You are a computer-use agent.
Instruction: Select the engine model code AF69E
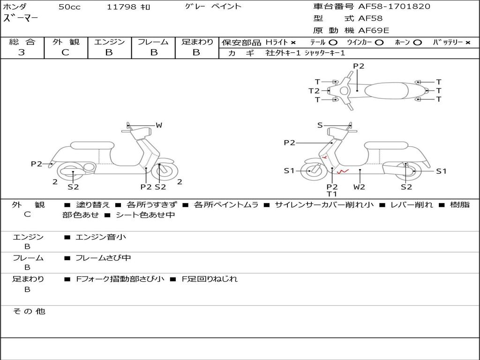click(374, 30)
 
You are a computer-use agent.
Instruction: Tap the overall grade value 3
click(22, 52)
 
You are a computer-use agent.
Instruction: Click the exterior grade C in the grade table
click(65, 52)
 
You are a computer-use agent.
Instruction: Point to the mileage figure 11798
click(121, 7)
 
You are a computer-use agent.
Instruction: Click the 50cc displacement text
click(69, 7)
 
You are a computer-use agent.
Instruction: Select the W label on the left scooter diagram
click(159, 125)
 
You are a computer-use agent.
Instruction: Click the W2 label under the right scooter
click(359, 187)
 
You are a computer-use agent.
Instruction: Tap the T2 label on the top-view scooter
click(314, 90)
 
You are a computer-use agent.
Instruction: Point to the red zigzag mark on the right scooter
click(343, 172)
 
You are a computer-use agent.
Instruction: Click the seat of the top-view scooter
click(386, 90)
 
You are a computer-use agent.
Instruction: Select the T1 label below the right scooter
click(332, 194)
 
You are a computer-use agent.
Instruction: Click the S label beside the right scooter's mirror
click(320, 125)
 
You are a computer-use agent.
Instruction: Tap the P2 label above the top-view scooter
click(359, 66)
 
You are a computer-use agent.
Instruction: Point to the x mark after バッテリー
click(468, 43)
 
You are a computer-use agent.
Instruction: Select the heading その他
click(29, 311)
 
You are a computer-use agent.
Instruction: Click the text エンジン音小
click(101, 237)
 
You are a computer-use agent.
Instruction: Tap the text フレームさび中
click(103, 258)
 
